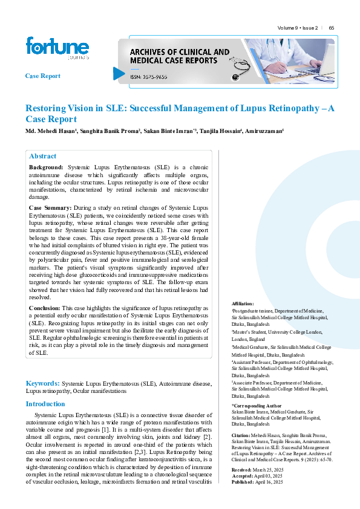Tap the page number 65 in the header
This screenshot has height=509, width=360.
click(x=332, y=28)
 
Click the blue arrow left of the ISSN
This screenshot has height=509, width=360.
click(x=119, y=73)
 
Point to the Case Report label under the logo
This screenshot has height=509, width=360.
click(x=42, y=76)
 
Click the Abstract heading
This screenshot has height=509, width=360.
click(x=42, y=156)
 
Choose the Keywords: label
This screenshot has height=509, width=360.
click(x=42, y=383)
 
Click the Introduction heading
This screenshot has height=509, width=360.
click(x=45, y=404)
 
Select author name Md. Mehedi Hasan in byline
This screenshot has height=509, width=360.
click(x=50, y=131)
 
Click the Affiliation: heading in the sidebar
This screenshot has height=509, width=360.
click(x=243, y=303)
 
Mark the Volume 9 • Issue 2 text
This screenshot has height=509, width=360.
click(x=298, y=28)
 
